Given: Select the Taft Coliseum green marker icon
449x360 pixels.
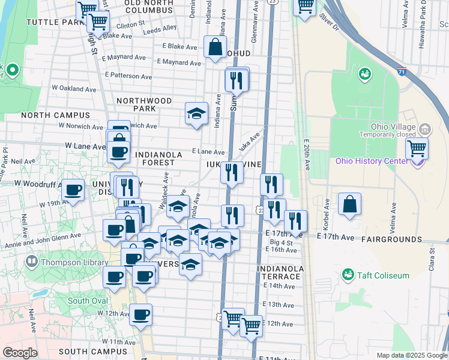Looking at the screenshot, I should pos(346,275).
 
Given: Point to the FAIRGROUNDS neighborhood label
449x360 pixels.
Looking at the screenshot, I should pos(391,239).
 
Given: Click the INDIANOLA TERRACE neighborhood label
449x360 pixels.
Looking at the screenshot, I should pos(278,272).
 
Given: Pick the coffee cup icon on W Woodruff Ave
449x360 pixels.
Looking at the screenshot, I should pos(73,191).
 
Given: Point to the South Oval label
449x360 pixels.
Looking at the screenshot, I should pos(88,301).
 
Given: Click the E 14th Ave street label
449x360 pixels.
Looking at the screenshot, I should pos(279,287).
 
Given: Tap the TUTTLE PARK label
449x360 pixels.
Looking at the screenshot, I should pos(54,22).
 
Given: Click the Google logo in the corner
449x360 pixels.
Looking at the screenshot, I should pos(20,353).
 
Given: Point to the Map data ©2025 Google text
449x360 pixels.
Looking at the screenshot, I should pos(411,355).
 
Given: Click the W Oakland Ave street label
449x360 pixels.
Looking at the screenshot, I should pos(73,89).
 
